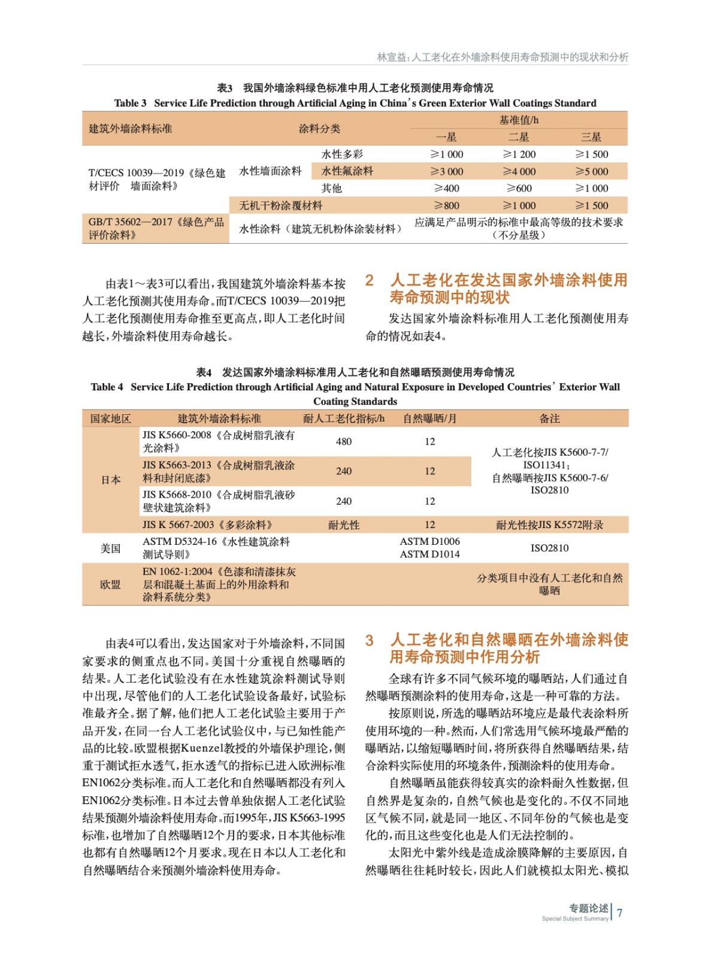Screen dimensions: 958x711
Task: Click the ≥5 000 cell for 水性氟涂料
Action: coord(591,171)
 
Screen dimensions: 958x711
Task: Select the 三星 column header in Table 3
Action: coord(591,137)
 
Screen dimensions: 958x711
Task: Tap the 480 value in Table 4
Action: coord(344,442)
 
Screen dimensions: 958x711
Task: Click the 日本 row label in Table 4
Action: coord(111,480)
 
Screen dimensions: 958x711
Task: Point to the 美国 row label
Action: coord(111,548)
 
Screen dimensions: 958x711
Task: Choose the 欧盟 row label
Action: coord(111,584)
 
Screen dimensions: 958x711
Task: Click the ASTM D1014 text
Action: coord(429,554)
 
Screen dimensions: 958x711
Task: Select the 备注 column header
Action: coord(549,419)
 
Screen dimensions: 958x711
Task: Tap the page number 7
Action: coord(620,913)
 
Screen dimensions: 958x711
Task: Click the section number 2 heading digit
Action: coord(370,280)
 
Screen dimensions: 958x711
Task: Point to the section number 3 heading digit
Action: coord(370,640)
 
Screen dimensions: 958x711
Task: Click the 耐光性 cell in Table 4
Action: coord(344,525)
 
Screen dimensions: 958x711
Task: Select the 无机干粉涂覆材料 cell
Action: coord(281,205)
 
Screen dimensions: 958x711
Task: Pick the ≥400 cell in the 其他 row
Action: coord(447,188)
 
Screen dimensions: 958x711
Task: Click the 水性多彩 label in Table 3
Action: coord(342,154)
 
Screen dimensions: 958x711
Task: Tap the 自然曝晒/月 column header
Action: coord(429,419)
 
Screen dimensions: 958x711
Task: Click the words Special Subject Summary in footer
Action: coord(574,918)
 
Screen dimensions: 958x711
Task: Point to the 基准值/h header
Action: coord(519,120)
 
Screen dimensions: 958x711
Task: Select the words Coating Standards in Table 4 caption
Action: coord(355,401)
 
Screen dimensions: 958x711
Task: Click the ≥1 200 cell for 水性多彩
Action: coord(519,154)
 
